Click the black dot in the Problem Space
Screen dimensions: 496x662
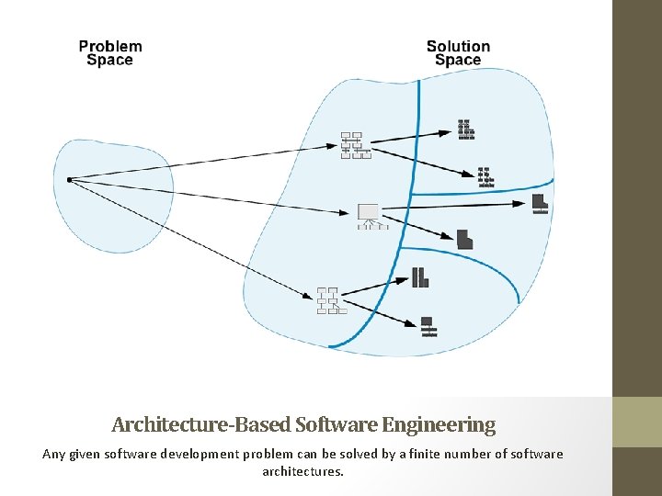(x=69, y=179)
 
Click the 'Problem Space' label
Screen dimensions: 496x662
(x=110, y=53)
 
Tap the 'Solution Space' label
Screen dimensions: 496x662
(x=458, y=53)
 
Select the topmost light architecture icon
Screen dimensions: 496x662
(x=356, y=145)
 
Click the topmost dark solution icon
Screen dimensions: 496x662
(x=466, y=130)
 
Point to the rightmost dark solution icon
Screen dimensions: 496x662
(x=540, y=203)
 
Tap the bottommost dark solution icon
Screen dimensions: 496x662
(x=428, y=326)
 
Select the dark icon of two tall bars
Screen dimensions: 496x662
(x=420, y=277)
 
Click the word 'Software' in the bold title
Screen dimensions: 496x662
(x=337, y=424)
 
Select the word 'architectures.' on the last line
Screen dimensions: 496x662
(x=303, y=471)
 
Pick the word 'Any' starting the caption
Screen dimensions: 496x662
(x=54, y=454)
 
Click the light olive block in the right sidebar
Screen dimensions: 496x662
(x=637, y=422)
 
